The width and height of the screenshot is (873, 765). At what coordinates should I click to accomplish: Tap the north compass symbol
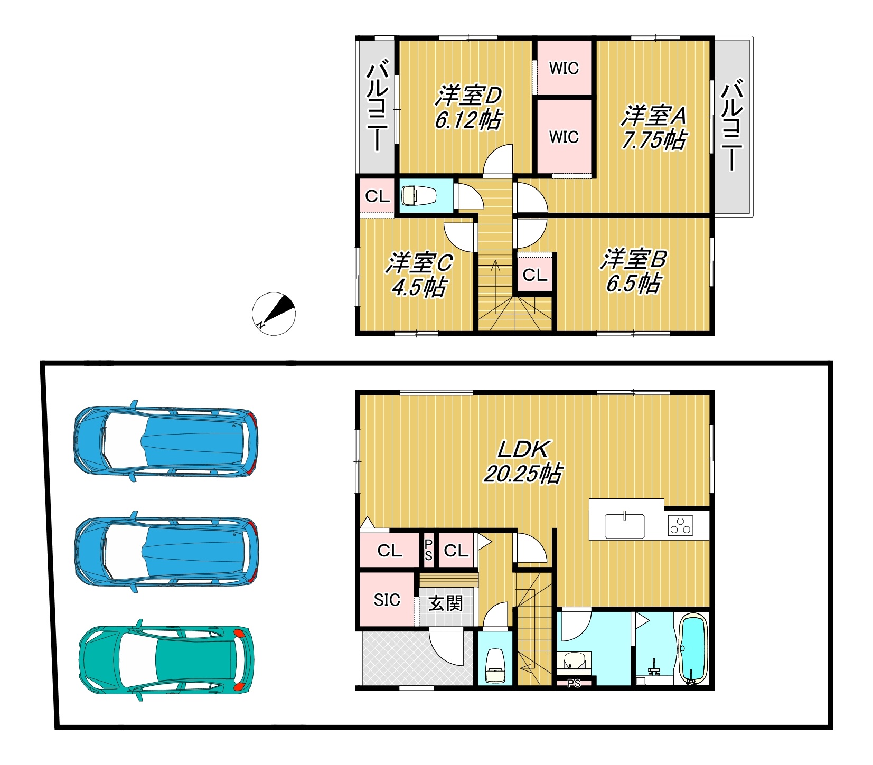click(274, 314)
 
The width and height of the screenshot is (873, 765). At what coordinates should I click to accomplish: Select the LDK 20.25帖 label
click(523, 461)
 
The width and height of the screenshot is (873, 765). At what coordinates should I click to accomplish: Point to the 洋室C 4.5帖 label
click(419, 275)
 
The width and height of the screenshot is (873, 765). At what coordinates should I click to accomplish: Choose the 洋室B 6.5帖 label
click(633, 271)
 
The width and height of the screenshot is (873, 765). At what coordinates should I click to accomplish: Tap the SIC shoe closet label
click(387, 600)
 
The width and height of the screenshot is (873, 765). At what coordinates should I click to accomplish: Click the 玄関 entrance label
click(446, 603)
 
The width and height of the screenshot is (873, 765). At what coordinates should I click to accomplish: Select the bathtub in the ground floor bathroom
click(692, 649)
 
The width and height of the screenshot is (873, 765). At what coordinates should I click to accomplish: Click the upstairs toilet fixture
click(418, 196)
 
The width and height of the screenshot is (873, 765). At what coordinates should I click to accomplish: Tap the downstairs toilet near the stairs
click(495, 666)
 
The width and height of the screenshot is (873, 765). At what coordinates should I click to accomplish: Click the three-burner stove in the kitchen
click(680, 525)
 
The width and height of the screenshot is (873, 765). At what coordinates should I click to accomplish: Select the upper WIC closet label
click(564, 68)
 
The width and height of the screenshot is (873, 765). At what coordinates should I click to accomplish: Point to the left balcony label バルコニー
click(378, 107)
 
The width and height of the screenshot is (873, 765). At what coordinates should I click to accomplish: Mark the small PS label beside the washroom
click(574, 684)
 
